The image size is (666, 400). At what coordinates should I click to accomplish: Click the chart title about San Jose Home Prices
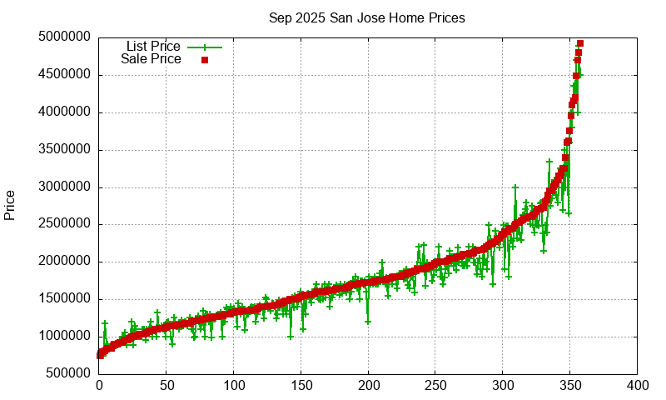[367, 17]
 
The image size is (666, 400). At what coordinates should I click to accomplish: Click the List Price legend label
[153, 47]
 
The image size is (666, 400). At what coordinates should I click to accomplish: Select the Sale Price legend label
[151, 59]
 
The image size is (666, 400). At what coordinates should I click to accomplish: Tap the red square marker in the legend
[204, 60]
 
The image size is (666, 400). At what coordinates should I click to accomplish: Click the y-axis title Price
[10, 205]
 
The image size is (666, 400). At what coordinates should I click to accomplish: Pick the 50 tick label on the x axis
[166, 386]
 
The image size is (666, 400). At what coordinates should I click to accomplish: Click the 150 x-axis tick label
[301, 386]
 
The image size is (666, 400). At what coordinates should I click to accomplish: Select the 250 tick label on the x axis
[435, 386]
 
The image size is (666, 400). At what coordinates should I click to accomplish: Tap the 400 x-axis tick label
[638, 386]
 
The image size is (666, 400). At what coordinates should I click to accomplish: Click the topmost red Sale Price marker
[580, 43]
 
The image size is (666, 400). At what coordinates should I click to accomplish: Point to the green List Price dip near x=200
[367, 322]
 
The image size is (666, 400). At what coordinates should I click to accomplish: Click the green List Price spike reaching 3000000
[515, 187]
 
